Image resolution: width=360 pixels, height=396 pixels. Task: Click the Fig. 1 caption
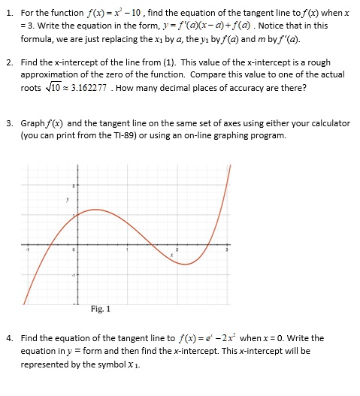pyautogui.click(x=99, y=309)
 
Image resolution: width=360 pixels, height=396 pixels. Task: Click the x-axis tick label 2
pyautogui.click(x=178, y=249)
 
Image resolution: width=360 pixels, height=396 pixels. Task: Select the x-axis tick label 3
pyautogui.click(x=229, y=249)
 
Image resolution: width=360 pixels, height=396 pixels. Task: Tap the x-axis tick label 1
pyautogui.click(x=126, y=249)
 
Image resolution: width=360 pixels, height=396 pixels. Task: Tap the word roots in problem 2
pyautogui.click(x=32, y=87)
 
